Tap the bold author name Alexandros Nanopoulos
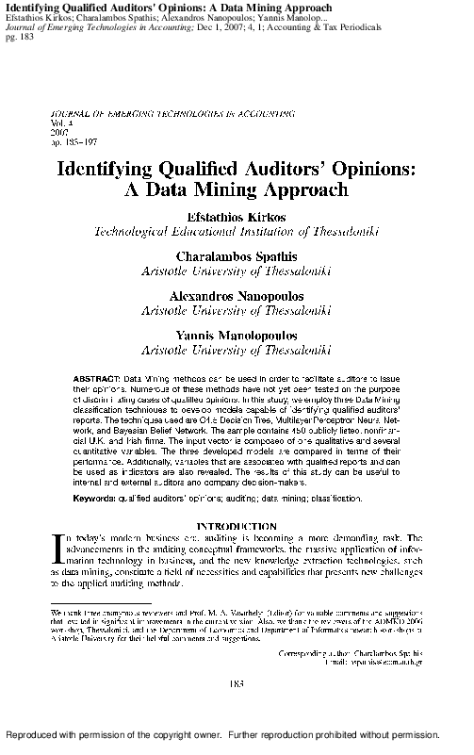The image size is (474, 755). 237,295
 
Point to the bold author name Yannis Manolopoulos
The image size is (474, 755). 237,335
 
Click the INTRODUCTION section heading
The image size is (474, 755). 237,525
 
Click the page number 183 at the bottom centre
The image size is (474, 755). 237,681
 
